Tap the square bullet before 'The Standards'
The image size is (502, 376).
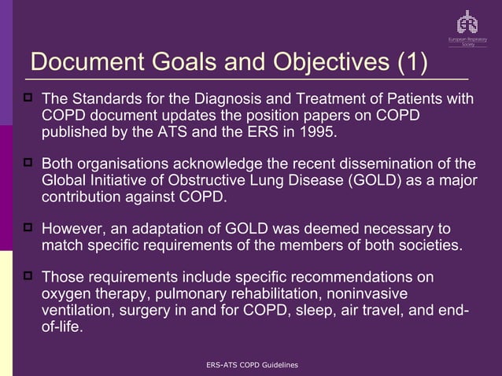point(29,99)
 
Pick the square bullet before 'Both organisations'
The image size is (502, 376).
point(29,164)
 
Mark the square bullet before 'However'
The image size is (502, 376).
point(29,228)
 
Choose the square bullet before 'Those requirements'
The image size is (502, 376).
point(29,277)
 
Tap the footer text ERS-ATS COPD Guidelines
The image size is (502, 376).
point(250,366)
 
